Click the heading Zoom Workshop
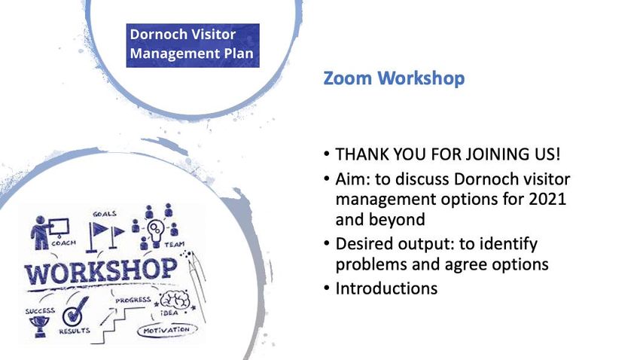click(x=394, y=78)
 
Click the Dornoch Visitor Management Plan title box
click(x=193, y=45)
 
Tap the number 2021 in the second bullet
click(x=547, y=199)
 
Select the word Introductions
click(x=386, y=288)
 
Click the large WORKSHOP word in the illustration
click(x=101, y=271)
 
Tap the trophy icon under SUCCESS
click(x=40, y=327)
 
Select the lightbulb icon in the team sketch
click(x=155, y=233)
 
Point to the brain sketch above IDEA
click(x=175, y=301)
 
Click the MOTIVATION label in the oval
click(x=166, y=330)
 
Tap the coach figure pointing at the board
click(x=41, y=232)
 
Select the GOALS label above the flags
click(x=105, y=214)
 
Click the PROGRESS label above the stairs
click(x=133, y=300)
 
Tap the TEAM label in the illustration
click(x=174, y=245)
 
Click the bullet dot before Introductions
click(x=326, y=288)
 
